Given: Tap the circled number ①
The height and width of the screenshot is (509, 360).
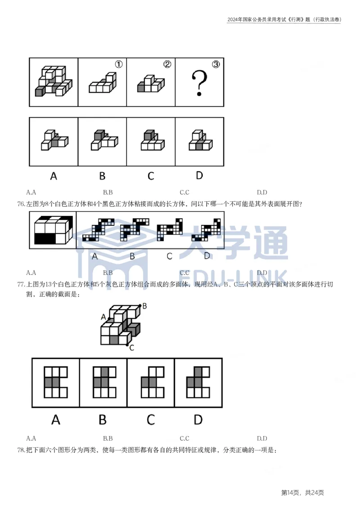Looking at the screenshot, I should (x=118, y=64).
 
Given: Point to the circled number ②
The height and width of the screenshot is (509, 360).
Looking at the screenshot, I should (x=167, y=64).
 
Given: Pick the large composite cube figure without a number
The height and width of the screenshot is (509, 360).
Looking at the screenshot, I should (x=54, y=82).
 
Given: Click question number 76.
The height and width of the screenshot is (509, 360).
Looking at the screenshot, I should (x=21, y=204).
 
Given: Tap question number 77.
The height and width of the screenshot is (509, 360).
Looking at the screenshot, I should (x=21, y=285).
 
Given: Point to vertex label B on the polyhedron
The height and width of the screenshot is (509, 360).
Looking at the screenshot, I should (x=144, y=306).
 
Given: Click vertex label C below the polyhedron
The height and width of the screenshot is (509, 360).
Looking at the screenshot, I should (x=131, y=348).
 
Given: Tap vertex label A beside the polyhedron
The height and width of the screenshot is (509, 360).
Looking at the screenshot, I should (x=103, y=317).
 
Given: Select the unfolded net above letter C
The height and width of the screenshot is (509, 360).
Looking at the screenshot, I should (x=170, y=230).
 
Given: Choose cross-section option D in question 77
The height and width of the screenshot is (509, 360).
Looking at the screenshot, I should (x=198, y=382).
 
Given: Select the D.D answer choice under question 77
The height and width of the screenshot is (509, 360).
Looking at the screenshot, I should (x=262, y=438).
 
